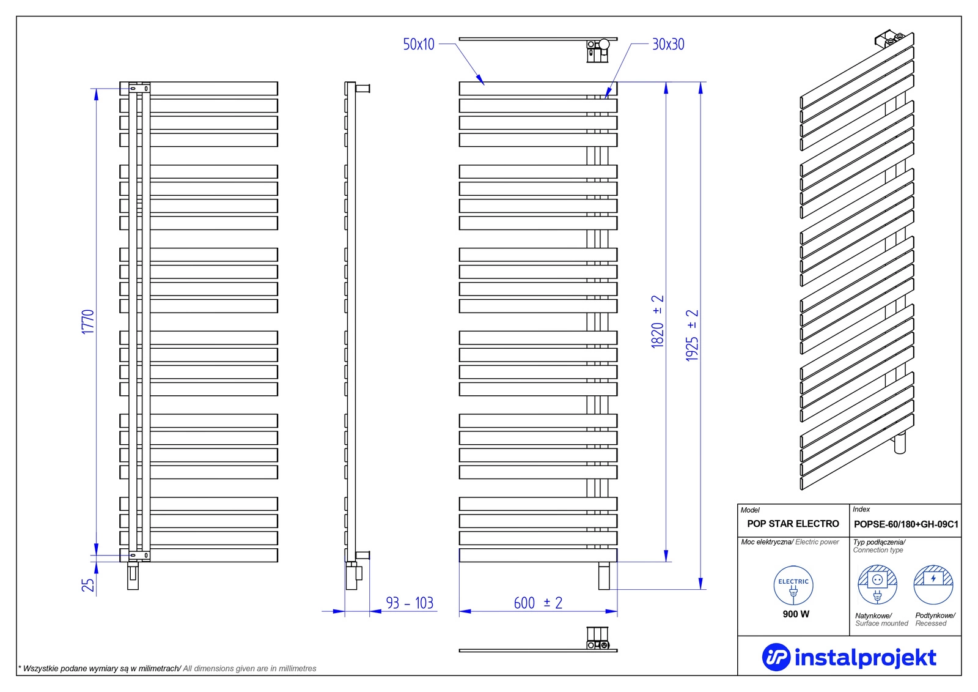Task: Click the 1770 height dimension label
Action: click(88, 322)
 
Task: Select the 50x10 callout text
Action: click(419, 44)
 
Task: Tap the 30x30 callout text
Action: click(668, 44)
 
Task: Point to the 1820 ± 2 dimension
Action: click(658, 322)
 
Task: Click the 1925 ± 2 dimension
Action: click(692, 335)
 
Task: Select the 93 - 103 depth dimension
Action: click(410, 603)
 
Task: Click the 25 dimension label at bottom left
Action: click(88, 585)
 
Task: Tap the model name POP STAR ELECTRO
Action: click(793, 524)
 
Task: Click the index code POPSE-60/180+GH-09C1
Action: click(906, 524)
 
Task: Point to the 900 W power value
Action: click(796, 614)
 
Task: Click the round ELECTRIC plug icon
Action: click(793, 586)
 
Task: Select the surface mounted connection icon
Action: click(877, 585)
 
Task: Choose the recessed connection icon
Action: click(933, 585)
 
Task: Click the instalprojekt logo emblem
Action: click(776, 658)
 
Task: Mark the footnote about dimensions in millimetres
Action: click(167, 669)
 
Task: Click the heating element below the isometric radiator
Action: click(900, 443)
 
